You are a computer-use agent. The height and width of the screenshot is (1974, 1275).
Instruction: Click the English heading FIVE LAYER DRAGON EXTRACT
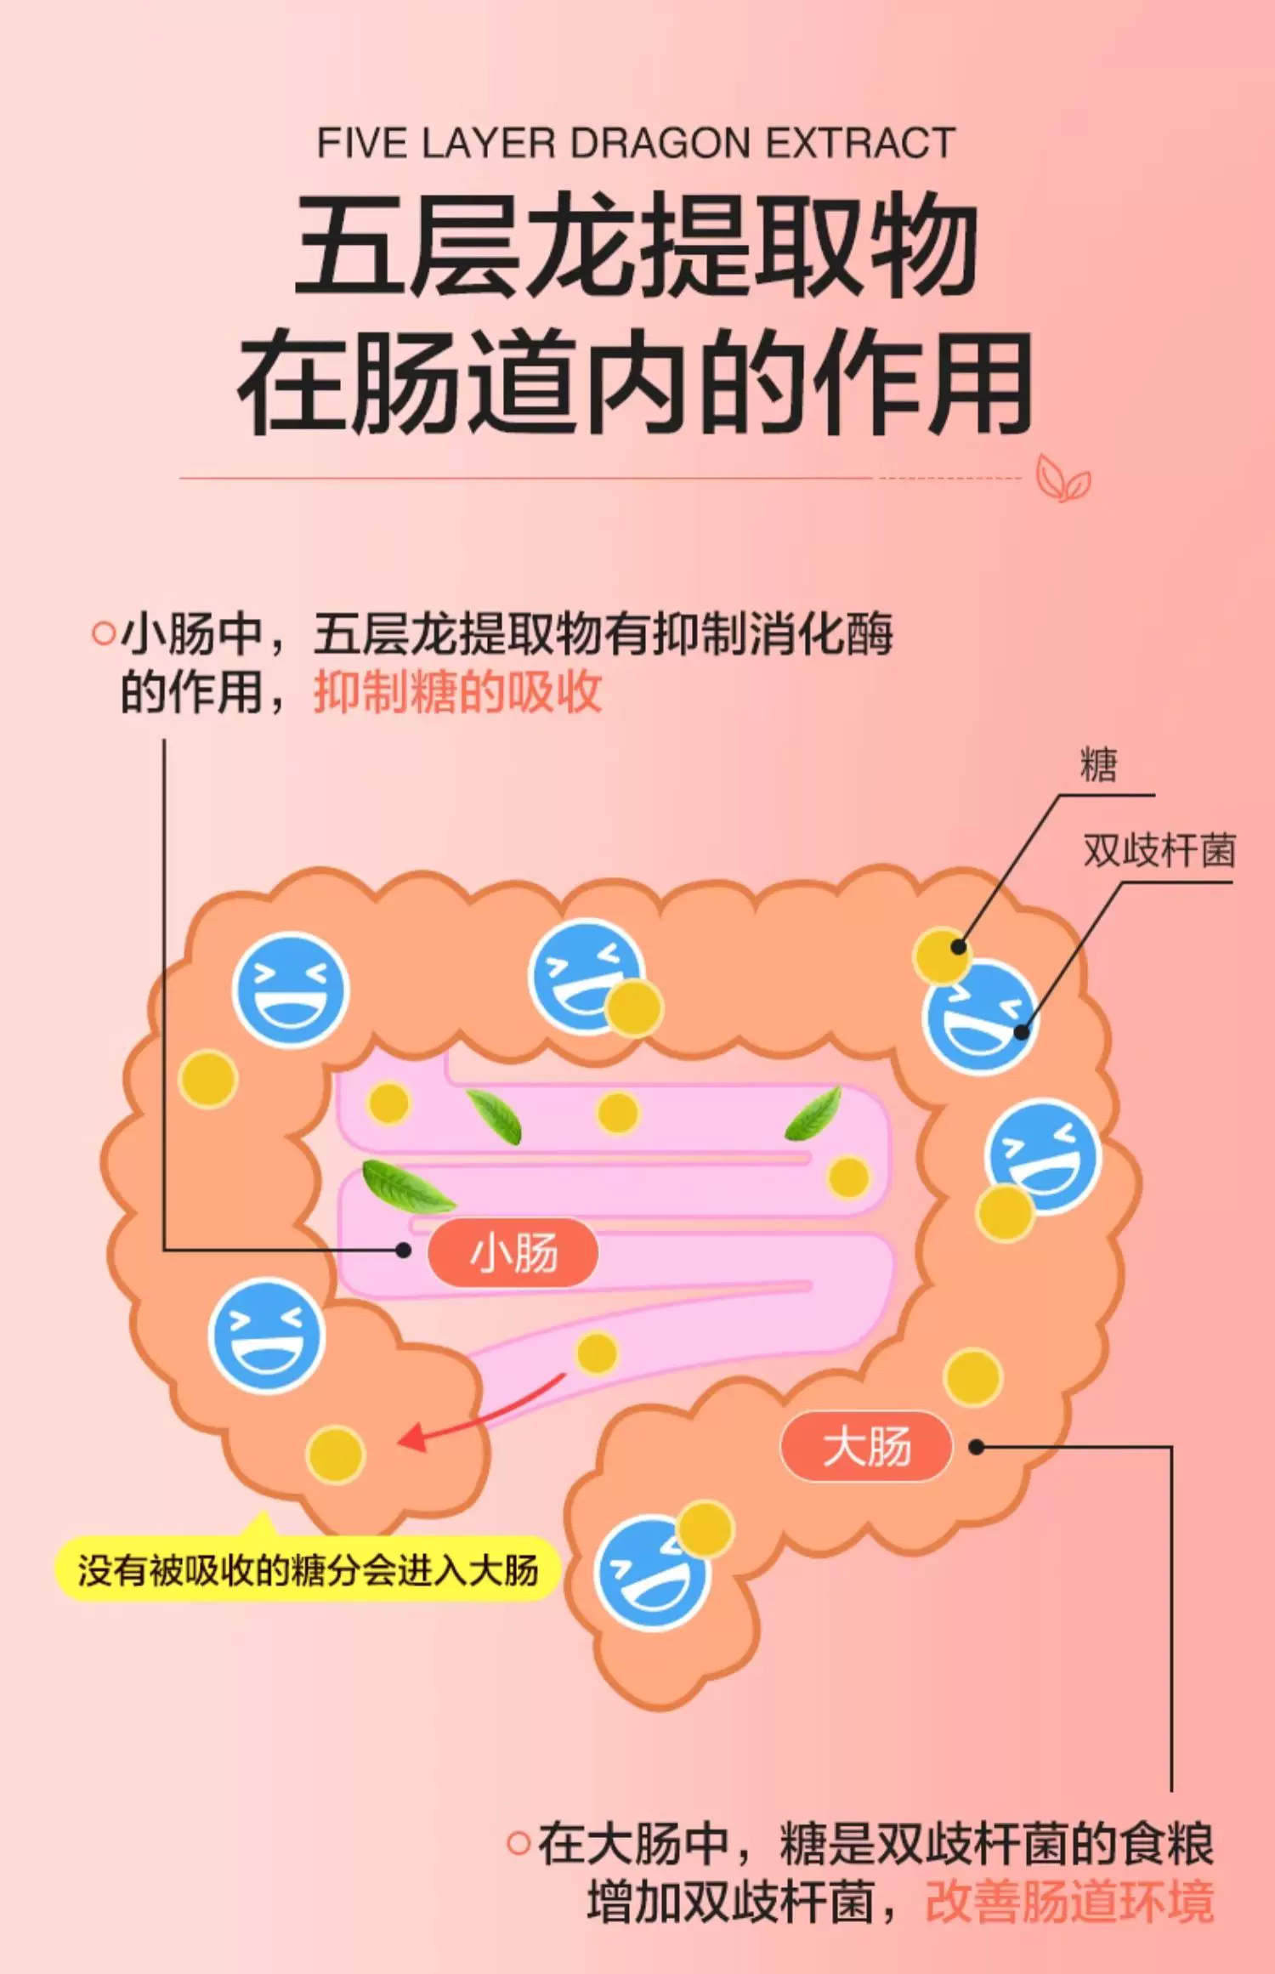(636, 143)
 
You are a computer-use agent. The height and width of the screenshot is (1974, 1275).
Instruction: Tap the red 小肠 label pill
(513, 1252)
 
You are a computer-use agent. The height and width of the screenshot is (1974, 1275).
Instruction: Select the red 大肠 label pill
(866, 1446)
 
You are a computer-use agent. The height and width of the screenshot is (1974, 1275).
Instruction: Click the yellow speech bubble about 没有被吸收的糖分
(307, 1568)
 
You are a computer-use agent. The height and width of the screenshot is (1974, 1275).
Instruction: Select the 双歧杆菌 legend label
(1159, 850)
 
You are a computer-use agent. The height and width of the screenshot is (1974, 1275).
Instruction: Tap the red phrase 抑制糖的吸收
(458, 691)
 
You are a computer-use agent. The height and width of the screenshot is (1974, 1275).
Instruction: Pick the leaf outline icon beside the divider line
(1062, 479)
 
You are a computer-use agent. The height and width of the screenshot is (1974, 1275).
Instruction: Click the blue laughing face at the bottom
(650, 1573)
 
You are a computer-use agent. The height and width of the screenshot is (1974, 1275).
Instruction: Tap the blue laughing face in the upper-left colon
(291, 990)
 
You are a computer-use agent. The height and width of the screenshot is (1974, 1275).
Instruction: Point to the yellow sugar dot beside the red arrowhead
(336, 1455)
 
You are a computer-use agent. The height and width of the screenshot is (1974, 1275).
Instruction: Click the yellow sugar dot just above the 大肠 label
(973, 1377)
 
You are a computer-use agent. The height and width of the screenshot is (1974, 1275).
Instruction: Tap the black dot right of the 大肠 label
(977, 1446)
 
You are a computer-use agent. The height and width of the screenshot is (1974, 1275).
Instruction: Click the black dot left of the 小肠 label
(404, 1250)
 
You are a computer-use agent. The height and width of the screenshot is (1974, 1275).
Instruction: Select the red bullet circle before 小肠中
(103, 633)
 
